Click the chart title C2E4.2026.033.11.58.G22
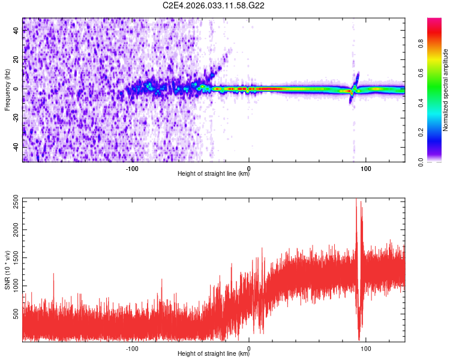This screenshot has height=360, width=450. coord(214,5)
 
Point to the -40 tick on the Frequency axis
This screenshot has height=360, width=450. coord(16,148)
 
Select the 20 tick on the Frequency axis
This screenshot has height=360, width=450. coord(17,59)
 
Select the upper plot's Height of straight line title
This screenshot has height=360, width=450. coord(214,175)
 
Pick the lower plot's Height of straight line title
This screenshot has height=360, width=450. coord(214,354)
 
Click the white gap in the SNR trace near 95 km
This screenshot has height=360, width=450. coord(359,270)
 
